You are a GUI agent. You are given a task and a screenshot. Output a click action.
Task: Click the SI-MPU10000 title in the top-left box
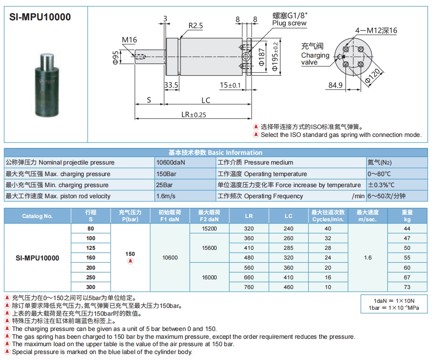point(40,17)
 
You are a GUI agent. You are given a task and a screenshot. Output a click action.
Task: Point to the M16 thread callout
point(129,40)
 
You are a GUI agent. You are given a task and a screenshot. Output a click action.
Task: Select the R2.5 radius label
point(195,26)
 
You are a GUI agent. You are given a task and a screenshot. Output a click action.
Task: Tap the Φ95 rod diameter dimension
point(115,58)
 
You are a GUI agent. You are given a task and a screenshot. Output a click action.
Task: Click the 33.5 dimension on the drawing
point(171,85)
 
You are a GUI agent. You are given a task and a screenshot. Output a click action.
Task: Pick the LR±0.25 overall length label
point(194,115)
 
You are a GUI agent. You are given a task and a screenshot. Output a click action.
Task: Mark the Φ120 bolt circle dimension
point(373,76)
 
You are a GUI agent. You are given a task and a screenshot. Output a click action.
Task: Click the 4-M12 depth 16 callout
point(376,30)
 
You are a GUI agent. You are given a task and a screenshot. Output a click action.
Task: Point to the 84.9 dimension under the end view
point(335,85)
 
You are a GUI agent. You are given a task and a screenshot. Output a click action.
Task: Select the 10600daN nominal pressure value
point(170,163)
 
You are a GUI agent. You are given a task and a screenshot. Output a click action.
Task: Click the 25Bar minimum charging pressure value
point(164,185)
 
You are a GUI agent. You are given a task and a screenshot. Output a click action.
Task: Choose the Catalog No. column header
point(37,216)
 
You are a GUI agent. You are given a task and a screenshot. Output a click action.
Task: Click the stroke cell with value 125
point(91,248)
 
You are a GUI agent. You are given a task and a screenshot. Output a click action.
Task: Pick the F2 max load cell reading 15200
point(210,229)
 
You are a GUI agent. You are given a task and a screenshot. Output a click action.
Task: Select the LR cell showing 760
point(249,287)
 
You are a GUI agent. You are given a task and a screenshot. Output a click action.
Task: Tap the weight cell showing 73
point(407,287)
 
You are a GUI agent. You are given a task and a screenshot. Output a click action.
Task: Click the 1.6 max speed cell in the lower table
point(368,258)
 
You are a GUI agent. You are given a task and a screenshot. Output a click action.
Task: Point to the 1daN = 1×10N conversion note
point(394,301)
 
